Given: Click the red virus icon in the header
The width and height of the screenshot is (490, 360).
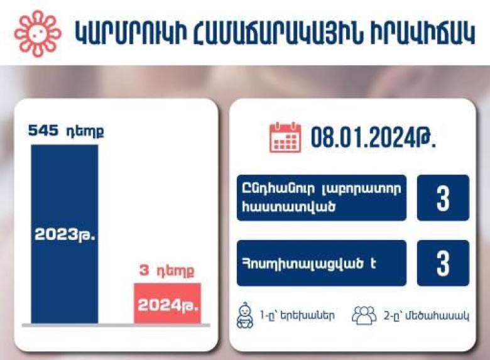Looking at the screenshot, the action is pos(38,34).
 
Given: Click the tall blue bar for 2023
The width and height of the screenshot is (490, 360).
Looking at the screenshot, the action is pos(65,234).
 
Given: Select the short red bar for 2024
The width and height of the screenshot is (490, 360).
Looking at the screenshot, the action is pos(168,303).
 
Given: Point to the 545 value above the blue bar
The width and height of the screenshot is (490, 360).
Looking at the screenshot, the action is pos(43,131).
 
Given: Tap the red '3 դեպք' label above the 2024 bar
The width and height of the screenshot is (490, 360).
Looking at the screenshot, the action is pos(166,270).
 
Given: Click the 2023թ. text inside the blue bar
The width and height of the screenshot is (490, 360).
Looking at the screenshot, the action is pos(65,235).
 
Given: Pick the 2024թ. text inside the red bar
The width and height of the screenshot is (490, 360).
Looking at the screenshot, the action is pos(168,305).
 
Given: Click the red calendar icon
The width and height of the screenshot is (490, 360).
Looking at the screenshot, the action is pos(285,137).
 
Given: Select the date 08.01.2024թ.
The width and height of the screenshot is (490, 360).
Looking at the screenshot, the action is pos(373,138).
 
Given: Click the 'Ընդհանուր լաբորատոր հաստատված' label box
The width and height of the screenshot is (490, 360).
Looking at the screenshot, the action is pos(322,198).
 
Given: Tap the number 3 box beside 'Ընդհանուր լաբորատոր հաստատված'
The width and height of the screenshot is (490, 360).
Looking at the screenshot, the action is pos(443,198).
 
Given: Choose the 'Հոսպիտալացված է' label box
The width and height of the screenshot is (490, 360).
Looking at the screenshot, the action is pos(322,263).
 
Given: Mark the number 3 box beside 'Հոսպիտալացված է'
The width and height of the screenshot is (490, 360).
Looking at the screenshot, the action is pos(443,263).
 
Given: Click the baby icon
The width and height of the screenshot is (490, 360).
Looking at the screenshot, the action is pos(245,315).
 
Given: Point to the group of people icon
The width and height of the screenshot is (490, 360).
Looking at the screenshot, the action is pos(364,315).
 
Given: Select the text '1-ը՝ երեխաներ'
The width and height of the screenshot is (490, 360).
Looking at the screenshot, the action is pos(297,315).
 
